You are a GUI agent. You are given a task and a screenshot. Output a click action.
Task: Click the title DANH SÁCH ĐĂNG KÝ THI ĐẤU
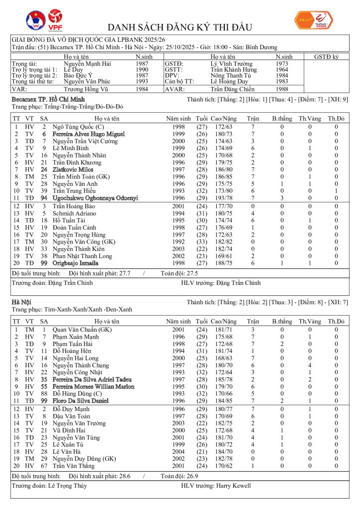click(x=180, y=27)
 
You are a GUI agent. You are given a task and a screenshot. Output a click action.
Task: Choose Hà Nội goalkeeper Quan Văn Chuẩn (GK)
click(x=82, y=330)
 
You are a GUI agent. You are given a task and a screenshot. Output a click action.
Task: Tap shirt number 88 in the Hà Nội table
click(x=44, y=393)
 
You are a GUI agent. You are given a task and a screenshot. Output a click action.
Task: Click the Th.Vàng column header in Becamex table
click(x=309, y=119)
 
